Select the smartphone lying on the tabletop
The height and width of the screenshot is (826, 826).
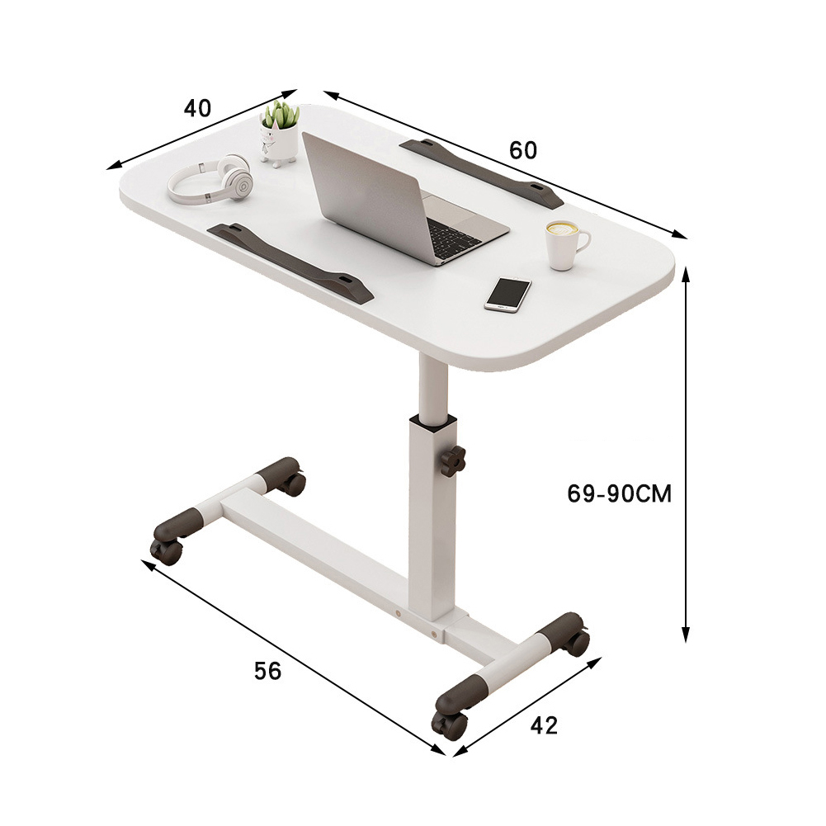pyautogui.click(x=507, y=293)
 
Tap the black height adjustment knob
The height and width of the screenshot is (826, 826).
pyautogui.click(x=453, y=461)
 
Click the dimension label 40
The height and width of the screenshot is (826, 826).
pyautogui.click(x=198, y=108)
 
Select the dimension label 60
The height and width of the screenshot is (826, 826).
pyautogui.click(x=523, y=150)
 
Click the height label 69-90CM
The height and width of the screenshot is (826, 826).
pyautogui.click(x=620, y=493)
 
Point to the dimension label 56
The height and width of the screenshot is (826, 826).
pyautogui.click(x=267, y=671)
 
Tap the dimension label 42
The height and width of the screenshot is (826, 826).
pyautogui.click(x=544, y=726)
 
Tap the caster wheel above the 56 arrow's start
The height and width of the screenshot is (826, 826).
pyautogui.click(x=168, y=550)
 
